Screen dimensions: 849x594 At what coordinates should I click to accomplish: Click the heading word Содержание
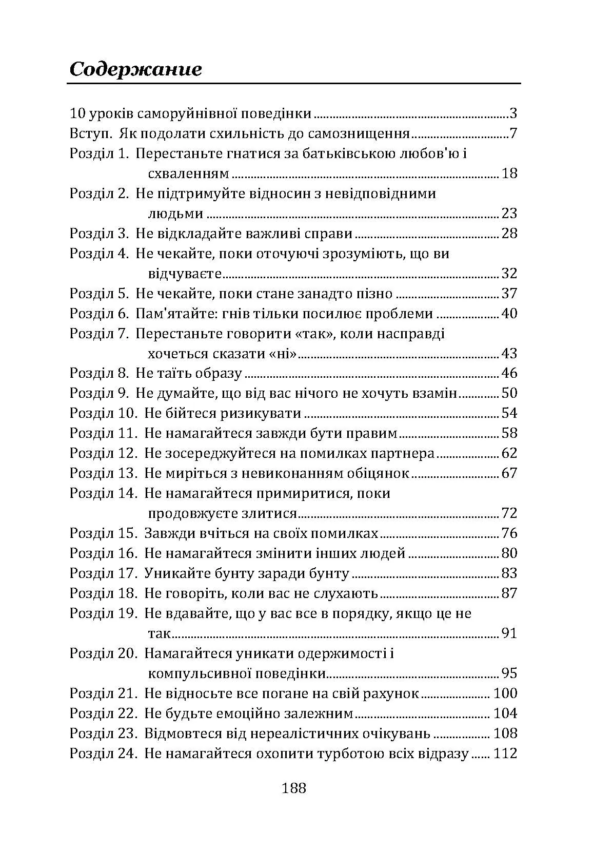click(x=135, y=69)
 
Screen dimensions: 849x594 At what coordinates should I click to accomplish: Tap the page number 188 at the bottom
click(x=294, y=787)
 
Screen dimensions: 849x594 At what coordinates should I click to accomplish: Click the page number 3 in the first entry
click(x=513, y=113)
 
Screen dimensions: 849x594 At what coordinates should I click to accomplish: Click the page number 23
click(x=509, y=214)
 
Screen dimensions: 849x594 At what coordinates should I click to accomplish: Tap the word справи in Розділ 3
click(x=328, y=234)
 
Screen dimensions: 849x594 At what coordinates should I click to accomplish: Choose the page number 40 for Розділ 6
click(x=509, y=314)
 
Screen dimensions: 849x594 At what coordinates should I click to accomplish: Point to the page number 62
click(x=509, y=453)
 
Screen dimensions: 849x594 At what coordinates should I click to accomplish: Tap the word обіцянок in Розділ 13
click(x=373, y=473)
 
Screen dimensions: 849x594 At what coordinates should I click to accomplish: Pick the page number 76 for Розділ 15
click(x=509, y=533)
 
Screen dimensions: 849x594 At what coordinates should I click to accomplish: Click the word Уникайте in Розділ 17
click(x=172, y=573)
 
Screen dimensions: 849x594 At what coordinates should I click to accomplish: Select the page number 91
click(x=509, y=633)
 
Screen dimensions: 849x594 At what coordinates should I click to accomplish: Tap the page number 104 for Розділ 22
click(x=505, y=713)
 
